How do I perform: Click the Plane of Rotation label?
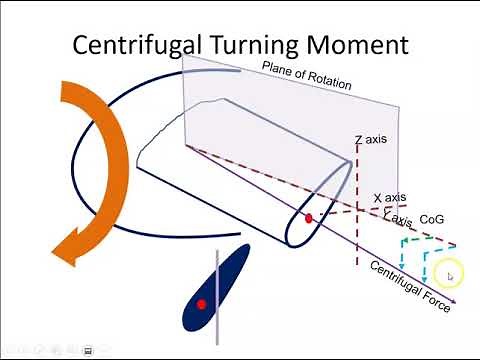(306, 76)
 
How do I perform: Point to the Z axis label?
(370, 139)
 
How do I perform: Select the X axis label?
(390, 198)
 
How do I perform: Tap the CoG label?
(432, 218)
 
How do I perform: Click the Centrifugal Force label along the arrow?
(410, 286)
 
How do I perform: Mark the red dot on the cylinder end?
(309, 217)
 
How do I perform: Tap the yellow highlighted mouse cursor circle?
(449, 275)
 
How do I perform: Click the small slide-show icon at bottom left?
(89, 350)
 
